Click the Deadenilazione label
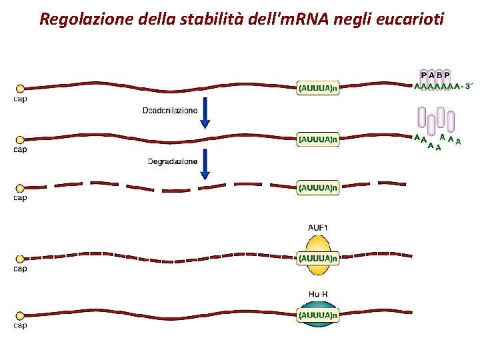click(x=169, y=110)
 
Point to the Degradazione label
click(x=172, y=161)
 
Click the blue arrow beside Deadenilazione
click(x=205, y=113)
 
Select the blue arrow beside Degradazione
click(x=205, y=164)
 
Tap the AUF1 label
click(x=318, y=227)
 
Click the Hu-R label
click(x=318, y=293)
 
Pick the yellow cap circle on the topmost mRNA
click(x=20, y=88)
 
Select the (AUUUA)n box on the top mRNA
click(x=318, y=87)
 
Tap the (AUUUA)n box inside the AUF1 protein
click(x=318, y=257)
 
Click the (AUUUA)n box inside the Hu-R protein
click(x=318, y=315)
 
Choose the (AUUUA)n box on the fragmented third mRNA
click(x=318, y=187)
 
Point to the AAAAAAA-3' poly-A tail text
click(x=443, y=86)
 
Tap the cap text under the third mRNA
click(x=21, y=198)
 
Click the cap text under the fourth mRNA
click(x=21, y=269)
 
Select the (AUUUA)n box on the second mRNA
click(x=318, y=139)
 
